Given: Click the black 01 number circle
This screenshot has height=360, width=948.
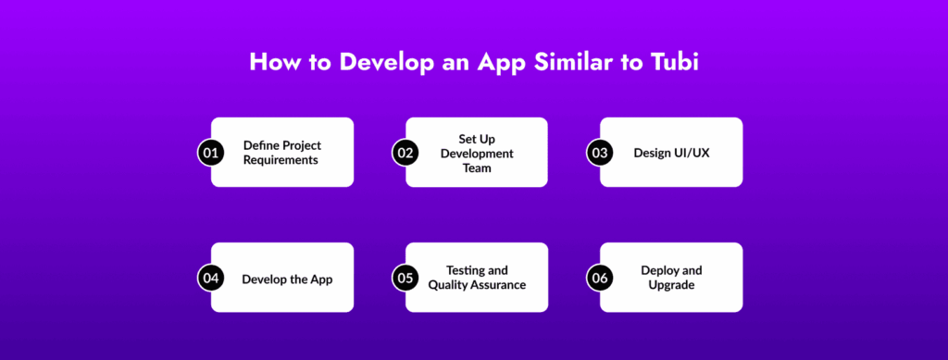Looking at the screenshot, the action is coord(210,153).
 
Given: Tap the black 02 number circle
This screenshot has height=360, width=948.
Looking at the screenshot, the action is coord(405,153).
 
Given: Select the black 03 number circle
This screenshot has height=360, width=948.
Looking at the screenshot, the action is coord(599,153).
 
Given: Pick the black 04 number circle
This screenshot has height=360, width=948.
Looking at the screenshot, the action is coord(210,278).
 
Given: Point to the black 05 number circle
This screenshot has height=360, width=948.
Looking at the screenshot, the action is coord(405,278).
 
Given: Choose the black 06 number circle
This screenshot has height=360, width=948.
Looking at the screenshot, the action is coord(599,278).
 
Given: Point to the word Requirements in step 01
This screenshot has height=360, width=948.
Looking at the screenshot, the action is coord(281,161).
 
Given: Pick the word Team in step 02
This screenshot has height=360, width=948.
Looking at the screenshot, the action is coord(477,168).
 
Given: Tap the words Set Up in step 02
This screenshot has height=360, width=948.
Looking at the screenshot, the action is coord(477,139).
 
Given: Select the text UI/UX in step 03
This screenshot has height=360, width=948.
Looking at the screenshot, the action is coord(692,153).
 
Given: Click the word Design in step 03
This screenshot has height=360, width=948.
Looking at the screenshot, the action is coord(653,154).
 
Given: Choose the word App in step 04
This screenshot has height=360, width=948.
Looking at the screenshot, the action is coord(320,280).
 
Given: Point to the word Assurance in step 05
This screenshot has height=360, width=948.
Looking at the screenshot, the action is coord(500,285).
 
